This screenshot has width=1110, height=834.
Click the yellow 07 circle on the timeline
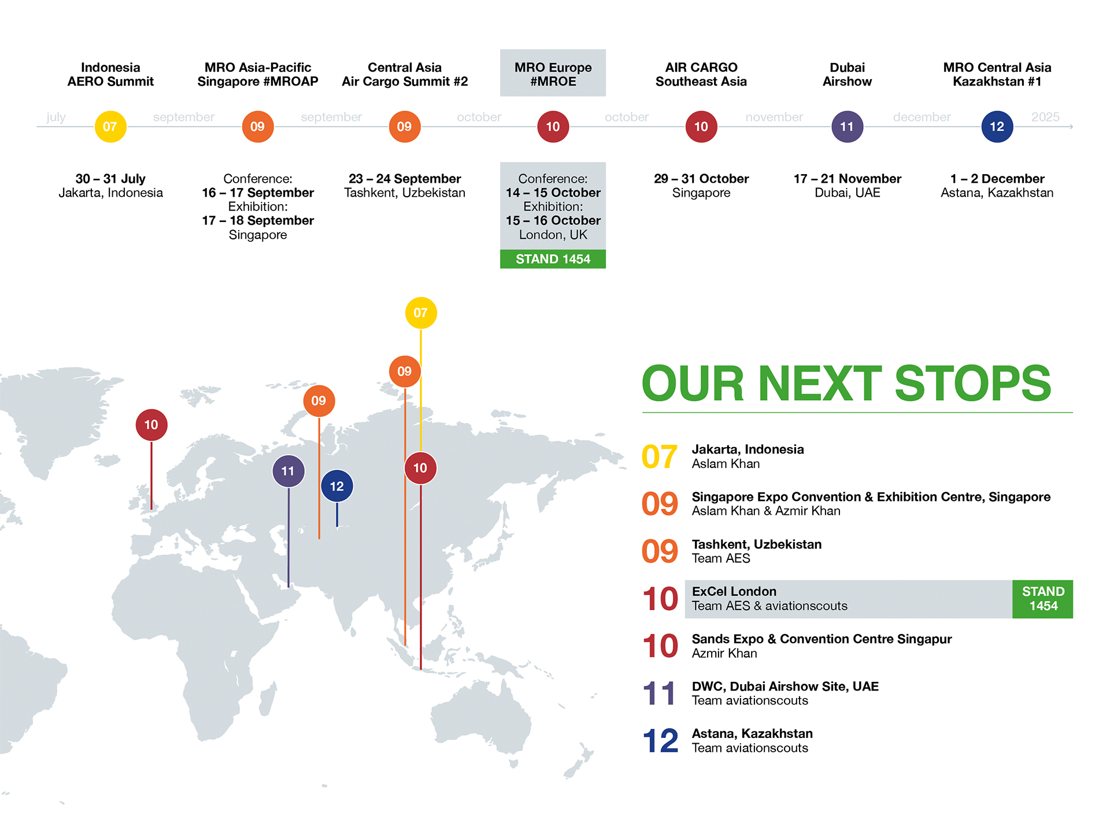coord(110,127)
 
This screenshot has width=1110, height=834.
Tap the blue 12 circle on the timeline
coord(997,127)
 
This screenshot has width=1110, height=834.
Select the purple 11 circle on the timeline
coord(848,127)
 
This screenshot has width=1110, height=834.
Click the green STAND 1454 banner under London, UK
coord(553,259)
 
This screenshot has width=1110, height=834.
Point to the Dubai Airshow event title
coord(848,75)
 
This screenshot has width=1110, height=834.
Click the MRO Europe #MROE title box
coord(553,73)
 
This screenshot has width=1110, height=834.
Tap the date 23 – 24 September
coord(405,179)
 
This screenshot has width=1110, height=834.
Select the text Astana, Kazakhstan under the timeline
coord(997,193)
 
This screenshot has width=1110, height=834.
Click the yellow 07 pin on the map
coord(421,313)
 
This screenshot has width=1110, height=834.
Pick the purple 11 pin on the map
coord(288,471)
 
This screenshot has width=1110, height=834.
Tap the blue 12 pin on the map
coord(337,486)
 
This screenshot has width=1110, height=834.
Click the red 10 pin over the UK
coord(151,425)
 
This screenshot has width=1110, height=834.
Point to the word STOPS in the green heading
coord(973,383)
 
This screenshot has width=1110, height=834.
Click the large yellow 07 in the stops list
coord(660,457)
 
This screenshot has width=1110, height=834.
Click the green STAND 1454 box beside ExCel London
coord(1043,599)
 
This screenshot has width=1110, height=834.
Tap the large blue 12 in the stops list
coord(660,741)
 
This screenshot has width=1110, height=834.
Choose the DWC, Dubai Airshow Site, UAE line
coord(785,687)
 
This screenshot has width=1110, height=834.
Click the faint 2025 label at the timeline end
coord(1045,117)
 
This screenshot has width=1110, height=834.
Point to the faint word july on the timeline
coord(56,117)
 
